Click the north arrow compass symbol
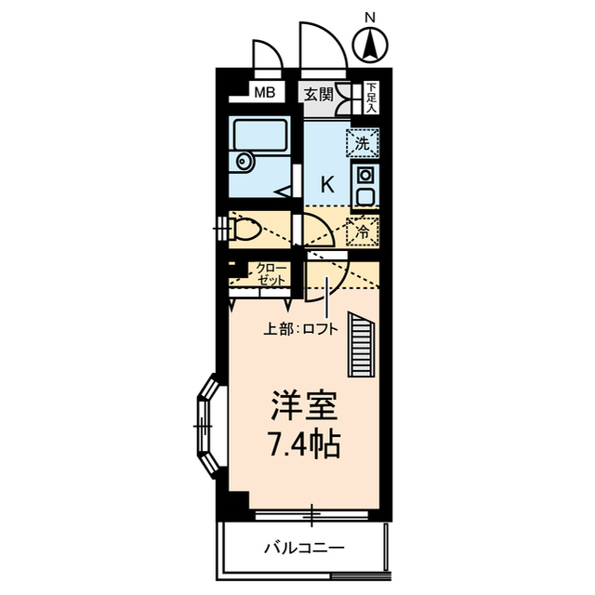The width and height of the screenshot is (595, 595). coord(371,43)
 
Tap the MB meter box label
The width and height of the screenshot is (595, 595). coord(265,92)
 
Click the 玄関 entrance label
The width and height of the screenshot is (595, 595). coord(317,93)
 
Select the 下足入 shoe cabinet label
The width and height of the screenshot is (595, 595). coord(371,96)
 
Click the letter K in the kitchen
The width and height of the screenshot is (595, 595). coord(326,183)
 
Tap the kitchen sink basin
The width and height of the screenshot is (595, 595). coord(364,197)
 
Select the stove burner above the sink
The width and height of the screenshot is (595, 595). coord(364,174)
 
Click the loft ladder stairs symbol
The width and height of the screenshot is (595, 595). coord(360,344)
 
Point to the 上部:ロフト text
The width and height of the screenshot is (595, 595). coord(296,327)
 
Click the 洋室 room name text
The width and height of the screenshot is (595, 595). coord(303,406)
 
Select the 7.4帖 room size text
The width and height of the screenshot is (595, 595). coord(303,444)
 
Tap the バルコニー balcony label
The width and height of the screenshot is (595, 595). coord(303,548)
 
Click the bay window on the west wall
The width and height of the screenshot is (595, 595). coord(206,423)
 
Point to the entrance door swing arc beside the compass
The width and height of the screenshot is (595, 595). coord(322,46)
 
